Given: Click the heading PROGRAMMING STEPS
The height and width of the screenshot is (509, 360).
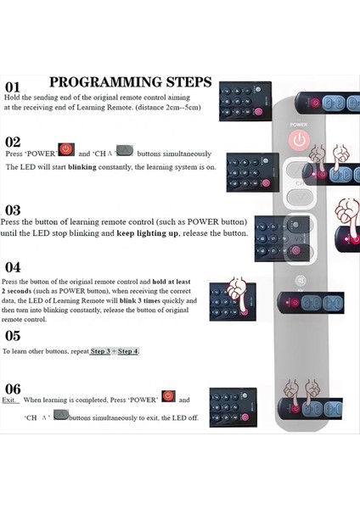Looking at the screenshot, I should pos(130,82).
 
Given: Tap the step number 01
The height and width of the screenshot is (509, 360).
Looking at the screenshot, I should pos(13,87).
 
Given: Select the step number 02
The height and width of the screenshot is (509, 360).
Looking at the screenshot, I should pos(13,143).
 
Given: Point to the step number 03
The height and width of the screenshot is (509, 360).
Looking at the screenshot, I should pos(13,210).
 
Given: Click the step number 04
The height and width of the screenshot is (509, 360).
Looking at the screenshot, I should pos(13,267).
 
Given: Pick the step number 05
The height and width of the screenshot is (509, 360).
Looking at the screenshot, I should pos(13,335).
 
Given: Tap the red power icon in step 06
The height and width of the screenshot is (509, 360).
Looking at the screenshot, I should pos(168,397).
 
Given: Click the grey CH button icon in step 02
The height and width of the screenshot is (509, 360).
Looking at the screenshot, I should pos(124,151).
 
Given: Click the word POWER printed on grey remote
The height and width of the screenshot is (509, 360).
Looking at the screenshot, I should pos(298,124).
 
